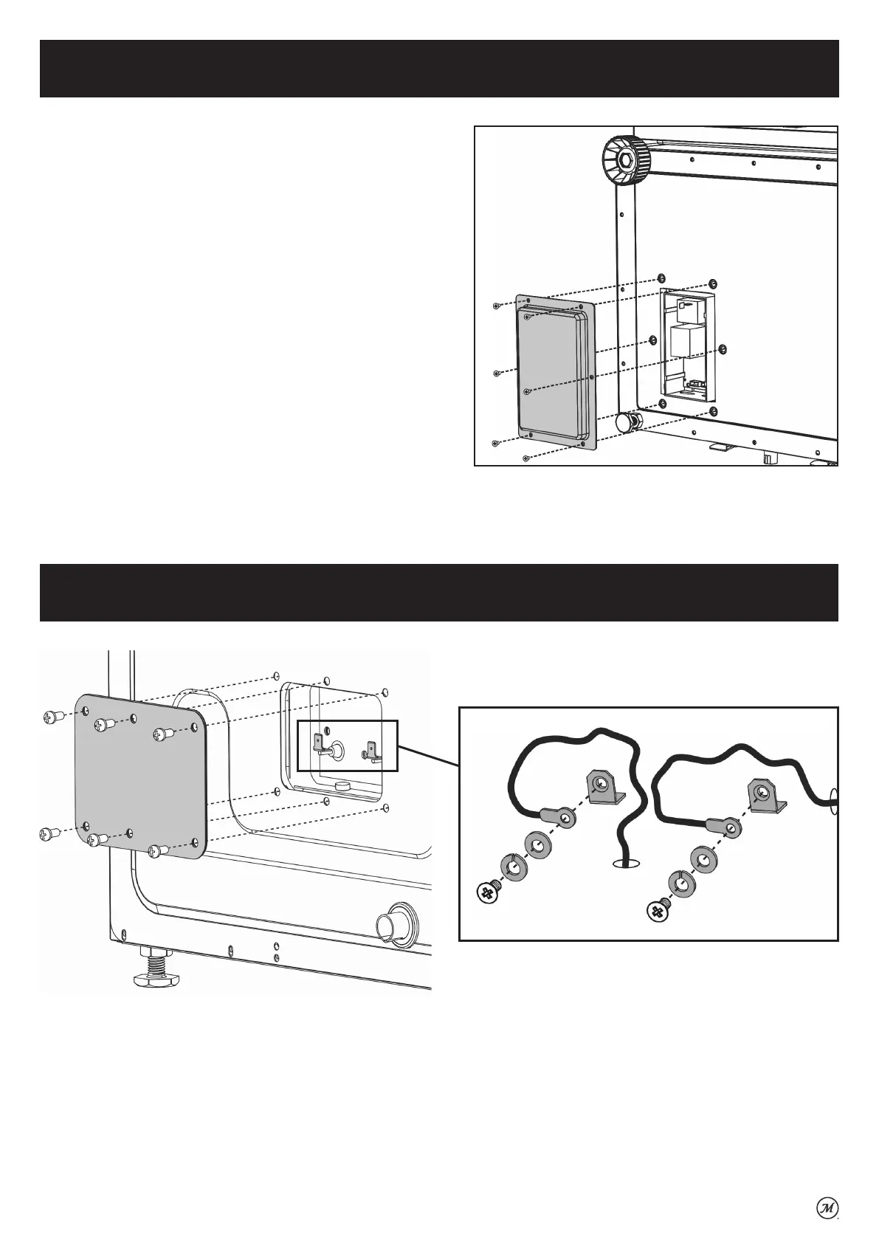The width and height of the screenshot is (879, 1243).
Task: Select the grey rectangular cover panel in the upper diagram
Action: [555, 372]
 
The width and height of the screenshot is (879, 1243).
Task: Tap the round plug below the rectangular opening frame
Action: [627, 423]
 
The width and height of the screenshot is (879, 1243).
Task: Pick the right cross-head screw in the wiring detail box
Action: [658, 912]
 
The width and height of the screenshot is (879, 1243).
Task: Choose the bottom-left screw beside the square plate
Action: [50, 834]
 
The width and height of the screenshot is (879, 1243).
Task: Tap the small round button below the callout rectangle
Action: [342, 787]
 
